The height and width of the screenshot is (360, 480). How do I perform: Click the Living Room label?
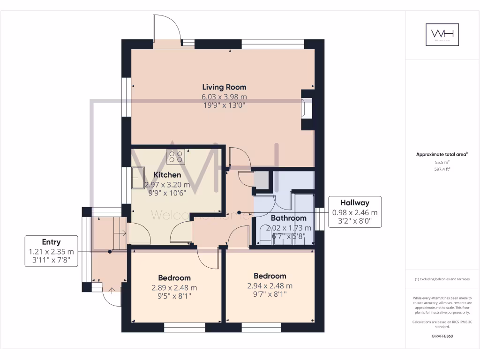coord(224,87)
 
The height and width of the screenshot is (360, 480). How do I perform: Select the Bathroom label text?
coord(288,218)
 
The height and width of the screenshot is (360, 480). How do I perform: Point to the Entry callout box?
coord(51,251)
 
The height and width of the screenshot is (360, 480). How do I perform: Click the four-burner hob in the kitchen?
coord(176,157)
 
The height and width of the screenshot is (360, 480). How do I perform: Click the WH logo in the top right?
coord(442,35)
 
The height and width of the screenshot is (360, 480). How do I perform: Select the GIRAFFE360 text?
coord(442,336)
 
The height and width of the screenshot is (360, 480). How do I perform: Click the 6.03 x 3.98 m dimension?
coord(224,97)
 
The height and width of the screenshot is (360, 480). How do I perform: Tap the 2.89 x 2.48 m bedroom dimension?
coord(174,287)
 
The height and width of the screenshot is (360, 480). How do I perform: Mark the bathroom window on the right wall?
coord(320,219)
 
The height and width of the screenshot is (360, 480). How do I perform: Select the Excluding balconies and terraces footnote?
coord(442,279)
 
